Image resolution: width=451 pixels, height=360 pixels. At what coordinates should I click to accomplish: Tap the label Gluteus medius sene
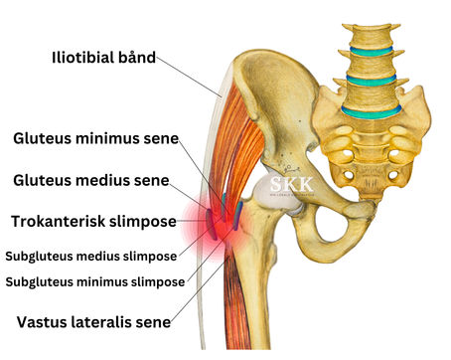[91, 180]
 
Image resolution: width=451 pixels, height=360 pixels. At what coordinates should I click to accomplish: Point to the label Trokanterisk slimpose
[93, 220]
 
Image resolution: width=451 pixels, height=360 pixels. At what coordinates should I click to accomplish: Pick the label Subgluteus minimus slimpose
[95, 281]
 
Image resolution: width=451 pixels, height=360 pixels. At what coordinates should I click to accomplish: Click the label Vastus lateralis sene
[93, 321]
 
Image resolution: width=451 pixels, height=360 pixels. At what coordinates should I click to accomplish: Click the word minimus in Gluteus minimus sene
[111, 138]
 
